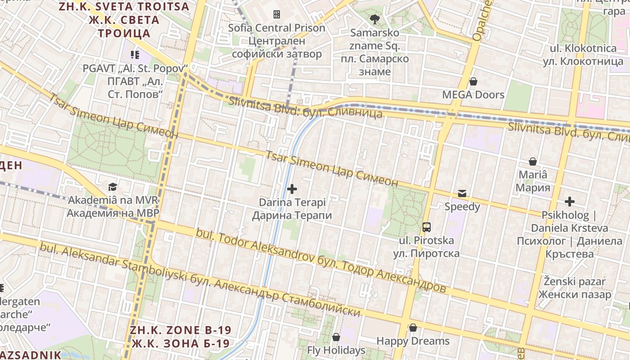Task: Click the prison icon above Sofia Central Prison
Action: click(x=277, y=14)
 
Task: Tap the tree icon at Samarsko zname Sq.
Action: click(x=374, y=19)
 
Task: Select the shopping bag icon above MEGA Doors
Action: click(x=473, y=81)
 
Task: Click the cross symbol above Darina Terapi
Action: click(x=292, y=189)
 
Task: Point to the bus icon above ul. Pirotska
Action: click(x=426, y=227)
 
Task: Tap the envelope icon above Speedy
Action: click(x=462, y=193)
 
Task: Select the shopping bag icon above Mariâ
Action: click(x=533, y=161)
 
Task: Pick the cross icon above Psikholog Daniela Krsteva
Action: click(x=570, y=201)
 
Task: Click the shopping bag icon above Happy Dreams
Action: click(x=413, y=328)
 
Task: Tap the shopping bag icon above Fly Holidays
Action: click(x=336, y=337)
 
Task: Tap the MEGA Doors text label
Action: click(x=473, y=95)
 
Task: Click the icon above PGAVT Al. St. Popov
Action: click(x=135, y=55)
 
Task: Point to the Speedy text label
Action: click(x=462, y=207)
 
